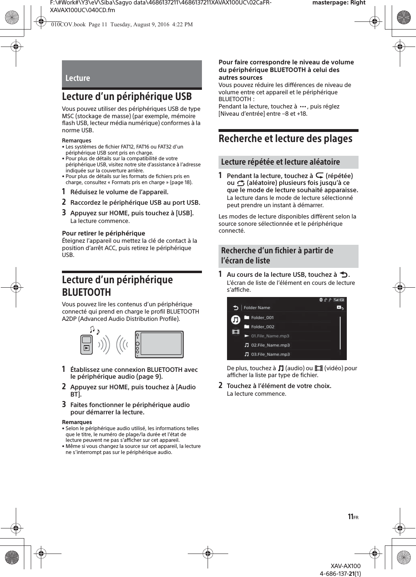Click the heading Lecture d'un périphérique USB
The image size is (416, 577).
pyautogui.click(x=127, y=97)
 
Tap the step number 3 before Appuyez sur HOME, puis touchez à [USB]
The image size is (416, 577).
pyautogui.click(x=64, y=212)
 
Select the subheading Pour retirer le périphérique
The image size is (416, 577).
pyautogui.click(x=103, y=233)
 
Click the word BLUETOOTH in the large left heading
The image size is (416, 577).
pyautogui.click(x=86, y=292)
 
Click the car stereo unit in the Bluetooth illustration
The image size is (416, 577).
pyautogui.click(x=159, y=344)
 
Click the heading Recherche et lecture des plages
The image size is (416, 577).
pyautogui.click(x=285, y=139)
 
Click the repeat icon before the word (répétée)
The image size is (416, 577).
pyautogui.click(x=319, y=176)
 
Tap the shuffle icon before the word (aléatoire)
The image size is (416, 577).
pyautogui.click(x=241, y=183)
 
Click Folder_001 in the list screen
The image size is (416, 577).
pyautogui.click(x=262, y=318)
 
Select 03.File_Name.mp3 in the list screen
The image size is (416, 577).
pyautogui.click(x=270, y=354)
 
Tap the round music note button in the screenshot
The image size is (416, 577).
pyautogui.click(x=236, y=320)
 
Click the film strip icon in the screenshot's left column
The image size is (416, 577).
pyautogui.click(x=236, y=332)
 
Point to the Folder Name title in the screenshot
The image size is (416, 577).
pyautogui.click(x=257, y=308)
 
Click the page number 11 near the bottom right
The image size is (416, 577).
pyautogui.click(x=350, y=517)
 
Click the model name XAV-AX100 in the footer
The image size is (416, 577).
pyautogui.click(x=345, y=566)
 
